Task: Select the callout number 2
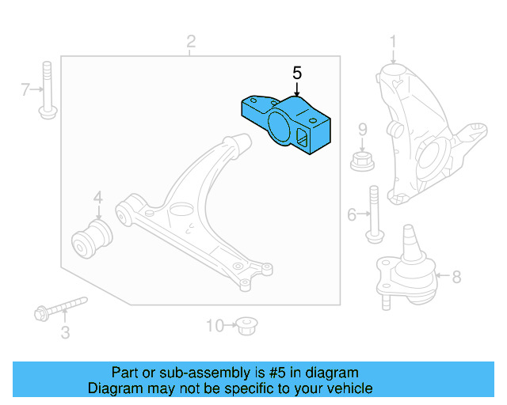[x=191, y=40]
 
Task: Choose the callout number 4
[x=98, y=197]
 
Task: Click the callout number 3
[x=65, y=333]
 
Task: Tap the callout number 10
[x=215, y=324]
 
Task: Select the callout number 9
[x=362, y=129]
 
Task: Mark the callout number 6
[x=352, y=213]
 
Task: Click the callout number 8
[x=456, y=277]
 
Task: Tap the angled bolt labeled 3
[x=59, y=308]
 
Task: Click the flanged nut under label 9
[x=362, y=162]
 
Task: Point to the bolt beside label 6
[x=373, y=213]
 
